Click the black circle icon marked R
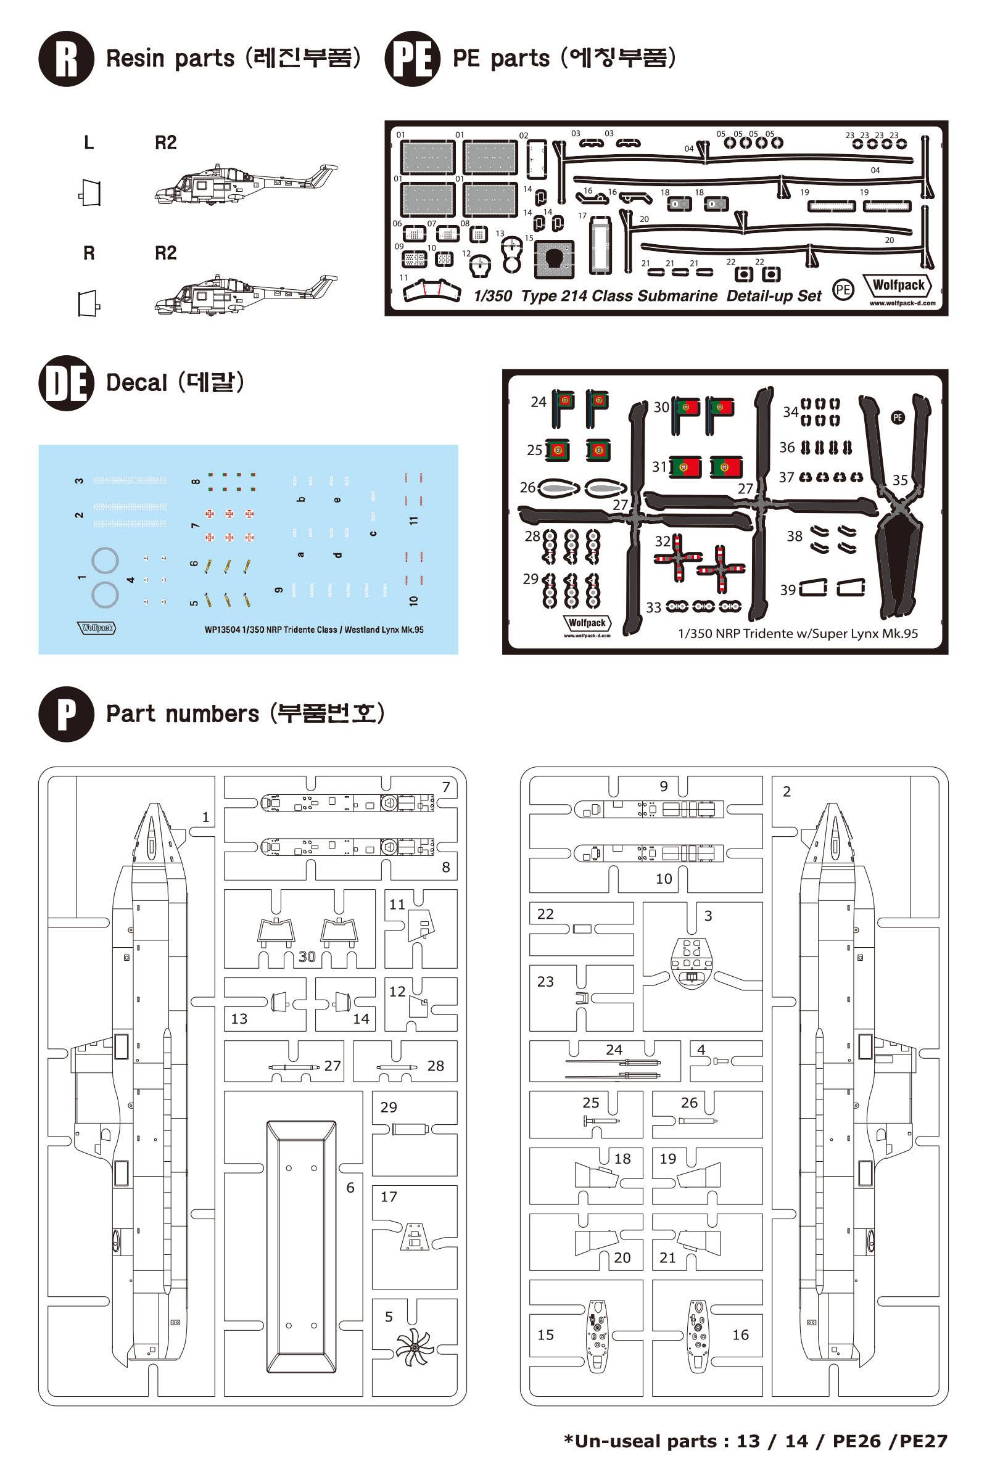66,59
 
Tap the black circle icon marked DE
66,383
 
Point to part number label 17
389,1197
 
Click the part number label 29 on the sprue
389,1107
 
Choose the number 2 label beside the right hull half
786,792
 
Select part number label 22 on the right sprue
545,914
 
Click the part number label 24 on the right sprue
614,1050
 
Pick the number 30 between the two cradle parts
307,956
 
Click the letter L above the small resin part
89,143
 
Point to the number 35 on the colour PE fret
899,480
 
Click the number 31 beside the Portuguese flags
659,466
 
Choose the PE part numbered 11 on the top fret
431,290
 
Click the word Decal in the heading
136,382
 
